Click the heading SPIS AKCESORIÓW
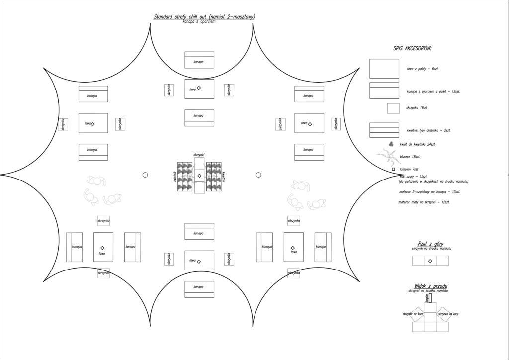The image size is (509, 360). click(412, 48)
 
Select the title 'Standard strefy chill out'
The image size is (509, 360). click(204, 17)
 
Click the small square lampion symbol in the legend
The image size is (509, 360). click(393, 169)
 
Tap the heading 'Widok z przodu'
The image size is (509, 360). click(430, 286)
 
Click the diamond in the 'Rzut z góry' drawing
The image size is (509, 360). click(430, 261)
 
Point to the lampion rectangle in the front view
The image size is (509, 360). click(430, 297)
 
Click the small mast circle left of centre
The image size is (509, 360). click(145, 175)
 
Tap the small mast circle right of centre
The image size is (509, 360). click(258, 175)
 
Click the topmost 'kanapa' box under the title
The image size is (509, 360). click(199, 60)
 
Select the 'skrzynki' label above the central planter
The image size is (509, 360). click(199, 155)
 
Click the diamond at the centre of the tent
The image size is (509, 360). click(199, 176)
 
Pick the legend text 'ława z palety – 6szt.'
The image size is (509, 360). click(422, 68)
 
